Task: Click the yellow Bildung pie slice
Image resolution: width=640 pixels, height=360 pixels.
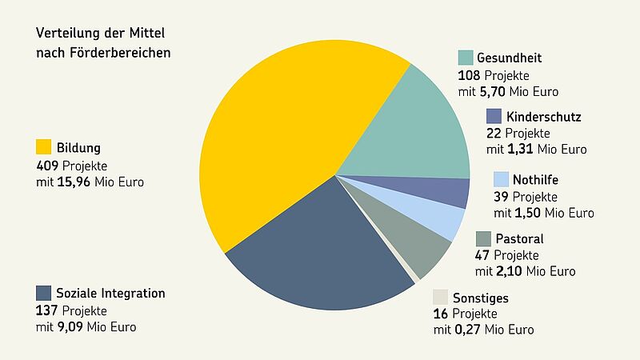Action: click(x=280, y=136)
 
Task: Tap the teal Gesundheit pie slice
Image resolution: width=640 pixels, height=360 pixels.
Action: click(x=408, y=128)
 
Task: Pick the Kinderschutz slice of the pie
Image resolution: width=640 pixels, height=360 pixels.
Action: click(x=448, y=192)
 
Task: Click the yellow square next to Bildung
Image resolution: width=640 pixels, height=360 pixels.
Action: click(x=44, y=148)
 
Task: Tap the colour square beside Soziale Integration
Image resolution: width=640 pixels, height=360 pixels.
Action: click(x=44, y=294)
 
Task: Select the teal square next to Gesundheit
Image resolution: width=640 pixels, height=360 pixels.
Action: click(x=466, y=58)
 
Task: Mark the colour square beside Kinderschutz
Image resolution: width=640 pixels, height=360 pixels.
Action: click(x=494, y=117)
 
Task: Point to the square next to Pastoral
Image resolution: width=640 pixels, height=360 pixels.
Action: click(x=483, y=239)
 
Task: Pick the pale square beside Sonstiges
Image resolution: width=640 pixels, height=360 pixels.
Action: click(x=441, y=298)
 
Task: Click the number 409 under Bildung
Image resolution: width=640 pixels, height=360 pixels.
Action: click(x=47, y=166)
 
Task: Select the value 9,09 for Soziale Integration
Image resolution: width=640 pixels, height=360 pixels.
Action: click(x=74, y=327)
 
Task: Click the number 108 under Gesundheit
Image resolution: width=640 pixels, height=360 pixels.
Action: click(x=469, y=76)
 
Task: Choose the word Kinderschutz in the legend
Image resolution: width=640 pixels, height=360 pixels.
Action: click(x=544, y=118)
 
